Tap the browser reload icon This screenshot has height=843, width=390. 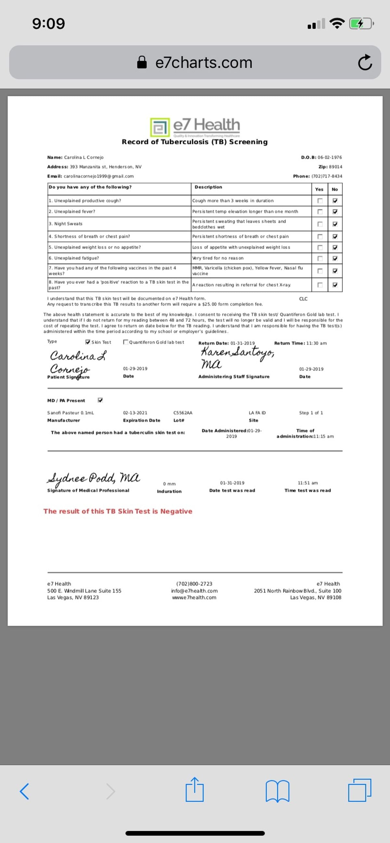(x=365, y=63)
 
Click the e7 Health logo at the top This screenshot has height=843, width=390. (x=195, y=127)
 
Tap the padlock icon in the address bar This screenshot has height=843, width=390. (x=142, y=62)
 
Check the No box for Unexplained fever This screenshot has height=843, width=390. (x=335, y=212)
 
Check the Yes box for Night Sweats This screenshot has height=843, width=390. (x=320, y=224)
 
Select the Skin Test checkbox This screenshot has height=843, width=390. (x=87, y=342)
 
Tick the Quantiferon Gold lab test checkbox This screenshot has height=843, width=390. (x=125, y=342)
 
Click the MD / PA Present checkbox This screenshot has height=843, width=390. (x=100, y=400)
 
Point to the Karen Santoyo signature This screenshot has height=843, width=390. (x=237, y=356)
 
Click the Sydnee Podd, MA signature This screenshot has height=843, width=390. (x=93, y=478)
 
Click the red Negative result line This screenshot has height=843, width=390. (x=118, y=511)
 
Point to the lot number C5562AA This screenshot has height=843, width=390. (x=183, y=413)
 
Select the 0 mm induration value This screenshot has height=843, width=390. (x=169, y=484)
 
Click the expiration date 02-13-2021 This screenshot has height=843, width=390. (x=135, y=413)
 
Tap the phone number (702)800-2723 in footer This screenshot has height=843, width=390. (x=194, y=584)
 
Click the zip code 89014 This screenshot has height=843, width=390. (x=335, y=167)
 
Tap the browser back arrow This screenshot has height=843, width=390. (x=25, y=791)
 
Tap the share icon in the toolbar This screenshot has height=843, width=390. (x=194, y=790)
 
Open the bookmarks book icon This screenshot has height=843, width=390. (x=277, y=791)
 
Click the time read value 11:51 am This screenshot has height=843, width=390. (x=308, y=483)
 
